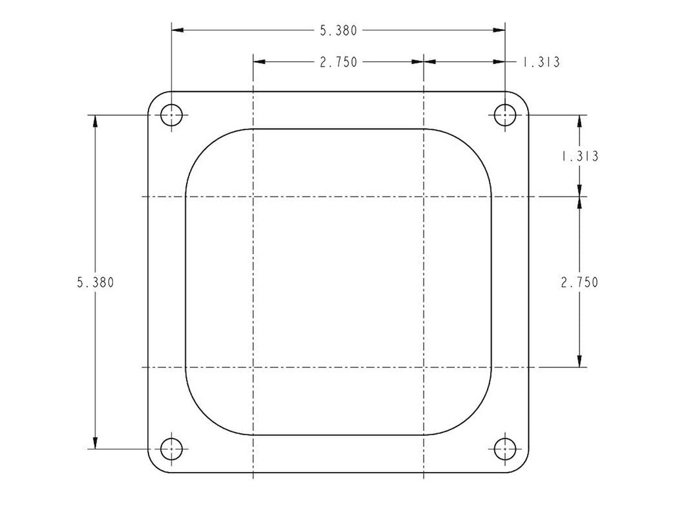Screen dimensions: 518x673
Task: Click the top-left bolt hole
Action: pos(172,115)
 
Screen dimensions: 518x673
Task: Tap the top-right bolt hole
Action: pos(505,115)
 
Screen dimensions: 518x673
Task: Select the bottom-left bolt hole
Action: pos(172,449)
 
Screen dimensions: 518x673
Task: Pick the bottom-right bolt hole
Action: pos(505,449)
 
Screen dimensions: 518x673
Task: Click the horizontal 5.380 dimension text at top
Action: pos(338,30)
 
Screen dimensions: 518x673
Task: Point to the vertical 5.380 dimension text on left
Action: pos(95,282)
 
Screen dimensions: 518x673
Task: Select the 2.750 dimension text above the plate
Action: pos(338,62)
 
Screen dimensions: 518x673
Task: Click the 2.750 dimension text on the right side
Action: pos(578,282)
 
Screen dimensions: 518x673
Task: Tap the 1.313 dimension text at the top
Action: pos(540,63)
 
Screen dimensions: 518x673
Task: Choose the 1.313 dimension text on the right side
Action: pos(578,157)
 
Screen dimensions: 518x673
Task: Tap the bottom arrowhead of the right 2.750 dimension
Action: pos(578,361)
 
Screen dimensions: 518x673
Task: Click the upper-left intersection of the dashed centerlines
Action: pos(253,197)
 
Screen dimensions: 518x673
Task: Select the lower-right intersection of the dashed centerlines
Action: pos(424,367)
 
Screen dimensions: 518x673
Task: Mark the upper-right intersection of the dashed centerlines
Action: pos(424,197)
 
